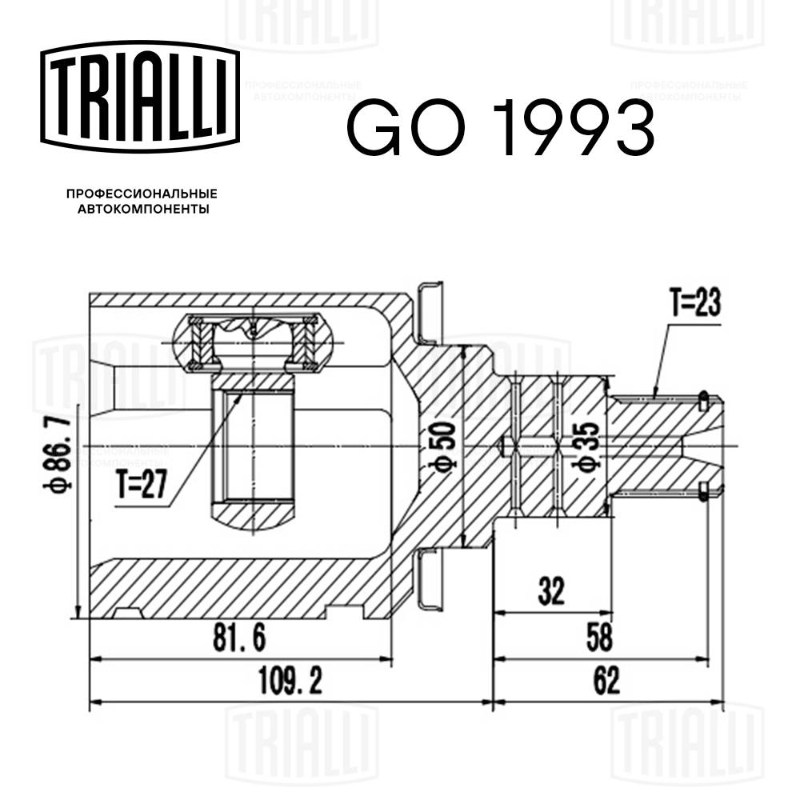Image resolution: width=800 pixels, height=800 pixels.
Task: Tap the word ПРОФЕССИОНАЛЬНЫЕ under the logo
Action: click(142, 194)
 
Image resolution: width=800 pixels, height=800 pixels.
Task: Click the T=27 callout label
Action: click(142, 486)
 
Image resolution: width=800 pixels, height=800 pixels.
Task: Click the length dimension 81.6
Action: click(239, 638)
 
